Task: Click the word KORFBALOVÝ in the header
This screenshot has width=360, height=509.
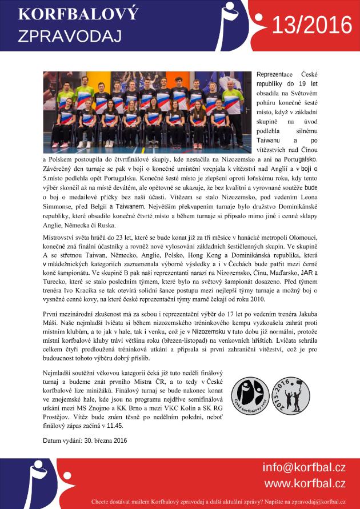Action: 63,14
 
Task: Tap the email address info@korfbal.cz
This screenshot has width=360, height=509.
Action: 303,468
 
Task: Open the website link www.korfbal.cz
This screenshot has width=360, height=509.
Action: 305,483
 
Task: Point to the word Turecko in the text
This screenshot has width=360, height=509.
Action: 57,281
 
